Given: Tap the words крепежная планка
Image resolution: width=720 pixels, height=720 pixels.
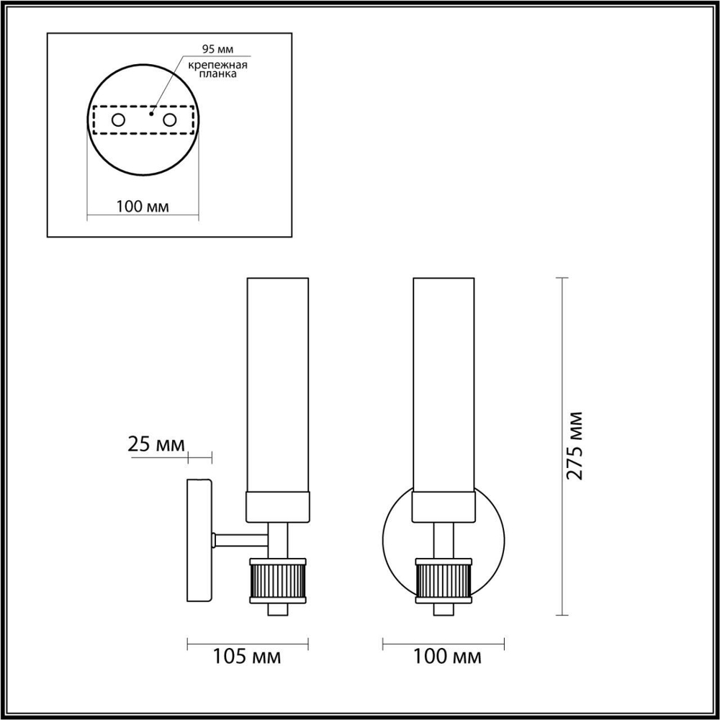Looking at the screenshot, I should (217, 70).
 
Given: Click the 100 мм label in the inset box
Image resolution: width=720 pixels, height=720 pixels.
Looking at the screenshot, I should (142, 207).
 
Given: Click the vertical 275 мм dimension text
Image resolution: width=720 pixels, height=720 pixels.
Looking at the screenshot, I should (575, 446).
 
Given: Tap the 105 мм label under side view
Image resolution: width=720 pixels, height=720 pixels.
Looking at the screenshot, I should (247, 656).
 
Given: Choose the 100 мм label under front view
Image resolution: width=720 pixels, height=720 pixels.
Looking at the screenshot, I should (448, 656).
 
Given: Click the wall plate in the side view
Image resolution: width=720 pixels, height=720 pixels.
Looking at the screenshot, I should (199, 540).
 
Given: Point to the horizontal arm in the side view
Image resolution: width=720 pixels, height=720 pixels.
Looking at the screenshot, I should (241, 539).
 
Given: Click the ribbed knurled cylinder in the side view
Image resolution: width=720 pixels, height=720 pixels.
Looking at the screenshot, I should (278, 580).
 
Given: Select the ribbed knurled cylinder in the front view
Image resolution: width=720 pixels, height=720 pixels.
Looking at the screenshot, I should (444, 580).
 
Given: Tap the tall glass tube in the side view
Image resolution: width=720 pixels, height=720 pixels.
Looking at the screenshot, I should (278, 382).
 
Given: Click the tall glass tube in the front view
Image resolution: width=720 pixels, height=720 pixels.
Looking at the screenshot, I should (444, 382).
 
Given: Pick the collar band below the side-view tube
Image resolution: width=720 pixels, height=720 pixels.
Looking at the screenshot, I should (278, 507).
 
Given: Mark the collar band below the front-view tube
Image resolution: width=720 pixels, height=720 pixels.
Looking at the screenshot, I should (444, 507).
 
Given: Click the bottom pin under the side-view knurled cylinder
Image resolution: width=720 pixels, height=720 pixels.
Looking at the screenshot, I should (278, 609).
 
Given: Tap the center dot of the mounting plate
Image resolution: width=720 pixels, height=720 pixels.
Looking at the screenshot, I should (150, 114).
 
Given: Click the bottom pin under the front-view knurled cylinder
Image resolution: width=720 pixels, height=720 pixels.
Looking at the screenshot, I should (444, 609).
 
